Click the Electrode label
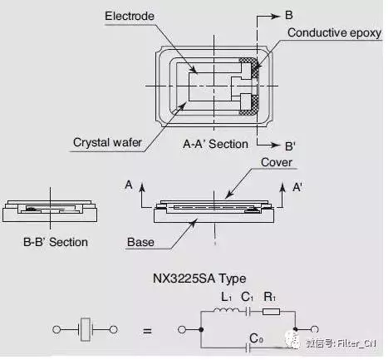[130, 16]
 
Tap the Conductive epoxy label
[334, 32]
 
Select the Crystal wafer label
[107, 142]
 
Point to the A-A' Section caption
[215, 144]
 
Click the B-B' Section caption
[56, 242]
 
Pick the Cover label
[277, 162]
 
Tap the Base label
[140, 242]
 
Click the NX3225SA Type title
[199, 279]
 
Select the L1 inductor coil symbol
[225, 310]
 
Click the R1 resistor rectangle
[271, 312]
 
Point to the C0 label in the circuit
[256, 338]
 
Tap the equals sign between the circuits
[147, 331]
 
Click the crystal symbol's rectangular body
[86, 329]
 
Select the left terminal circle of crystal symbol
[56, 329]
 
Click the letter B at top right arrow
[289, 15]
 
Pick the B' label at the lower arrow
[290, 146]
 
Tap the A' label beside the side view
[297, 187]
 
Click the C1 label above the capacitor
[247, 297]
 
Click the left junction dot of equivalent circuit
[201, 329]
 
